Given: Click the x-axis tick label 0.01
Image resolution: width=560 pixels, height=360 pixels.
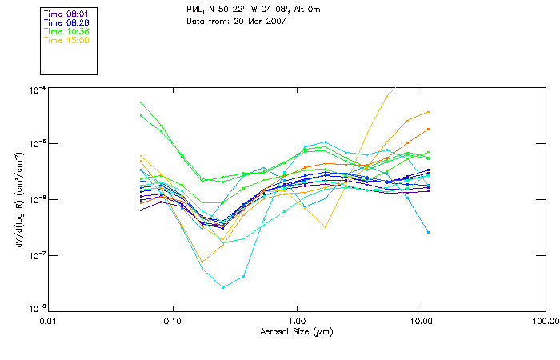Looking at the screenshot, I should click(x=48, y=321).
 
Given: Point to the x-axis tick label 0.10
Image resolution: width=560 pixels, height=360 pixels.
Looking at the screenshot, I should click(x=172, y=321).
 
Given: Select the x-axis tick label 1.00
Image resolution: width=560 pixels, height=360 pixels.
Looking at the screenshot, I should click(x=297, y=321).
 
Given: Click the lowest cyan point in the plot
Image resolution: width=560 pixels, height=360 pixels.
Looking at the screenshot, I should click(x=223, y=287).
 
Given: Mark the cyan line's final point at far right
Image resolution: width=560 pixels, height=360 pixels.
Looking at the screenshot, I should click(x=429, y=232).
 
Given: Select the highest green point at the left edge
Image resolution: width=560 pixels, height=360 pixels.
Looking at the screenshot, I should click(x=141, y=102).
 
